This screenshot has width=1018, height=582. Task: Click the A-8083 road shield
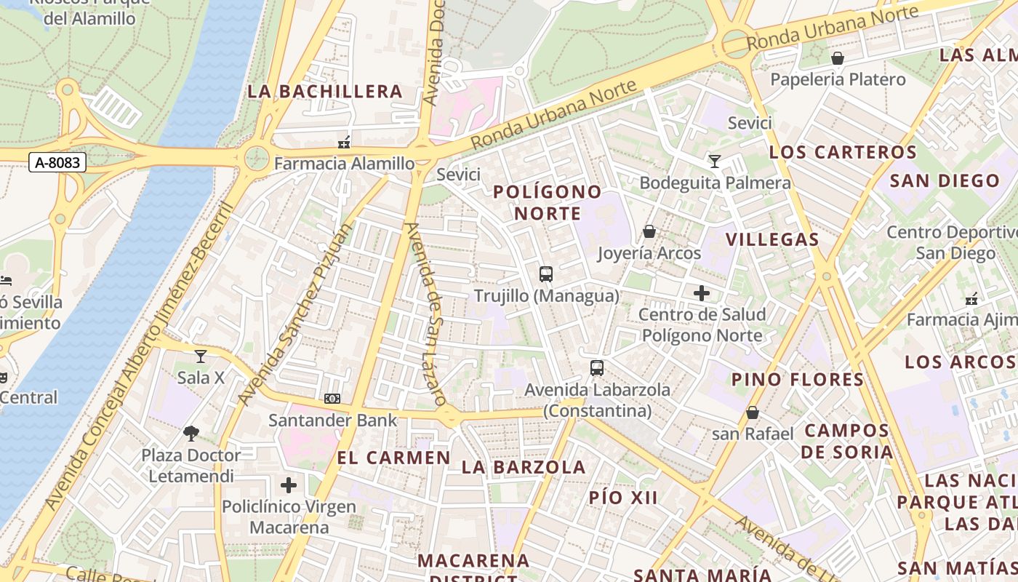(58, 162)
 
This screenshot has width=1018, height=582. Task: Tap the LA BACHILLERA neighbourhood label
(325, 91)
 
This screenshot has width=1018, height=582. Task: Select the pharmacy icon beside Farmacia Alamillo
(344, 143)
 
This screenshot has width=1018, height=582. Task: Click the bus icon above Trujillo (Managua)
(545, 274)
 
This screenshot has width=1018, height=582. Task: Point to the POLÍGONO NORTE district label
(548, 202)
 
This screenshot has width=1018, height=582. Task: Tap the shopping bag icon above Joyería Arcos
(649, 231)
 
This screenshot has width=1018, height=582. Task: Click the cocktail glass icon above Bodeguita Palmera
(714, 161)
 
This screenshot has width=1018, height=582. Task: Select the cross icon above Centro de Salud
(701, 293)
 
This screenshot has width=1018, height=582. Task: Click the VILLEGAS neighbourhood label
(772, 239)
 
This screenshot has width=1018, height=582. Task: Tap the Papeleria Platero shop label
(837, 79)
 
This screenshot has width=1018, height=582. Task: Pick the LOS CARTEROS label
(843, 152)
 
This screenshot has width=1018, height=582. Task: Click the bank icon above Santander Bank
(332, 398)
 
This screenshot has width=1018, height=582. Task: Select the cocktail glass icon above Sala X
(201, 356)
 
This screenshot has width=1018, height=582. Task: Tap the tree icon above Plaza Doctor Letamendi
(191, 434)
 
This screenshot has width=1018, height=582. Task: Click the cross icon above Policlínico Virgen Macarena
(289, 485)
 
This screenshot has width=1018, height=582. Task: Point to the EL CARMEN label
(393, 458)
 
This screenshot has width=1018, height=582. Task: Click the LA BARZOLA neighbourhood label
(524, 467)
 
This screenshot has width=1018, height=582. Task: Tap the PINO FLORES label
(797, 379)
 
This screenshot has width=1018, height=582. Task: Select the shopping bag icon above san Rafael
(753, 412)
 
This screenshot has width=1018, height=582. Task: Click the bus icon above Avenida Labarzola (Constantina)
(597, 368)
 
